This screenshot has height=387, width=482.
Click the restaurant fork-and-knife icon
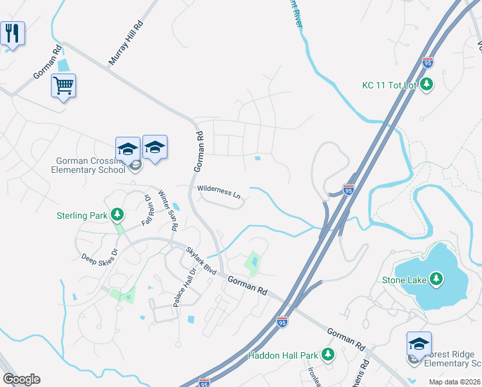tap(12, 33)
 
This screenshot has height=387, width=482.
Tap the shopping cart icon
tap(63, 85)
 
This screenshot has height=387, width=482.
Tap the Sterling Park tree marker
tap(117, 213)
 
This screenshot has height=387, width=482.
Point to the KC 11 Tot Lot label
tap(390, 85)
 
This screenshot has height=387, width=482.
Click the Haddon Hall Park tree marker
tap(328, 354)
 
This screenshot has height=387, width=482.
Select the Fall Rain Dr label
tap(147, 209)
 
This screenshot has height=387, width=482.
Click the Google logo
tap(21, 379)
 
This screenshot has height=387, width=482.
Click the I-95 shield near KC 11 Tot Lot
tap(428, 63)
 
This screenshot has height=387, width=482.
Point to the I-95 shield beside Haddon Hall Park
tap(282, 321)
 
